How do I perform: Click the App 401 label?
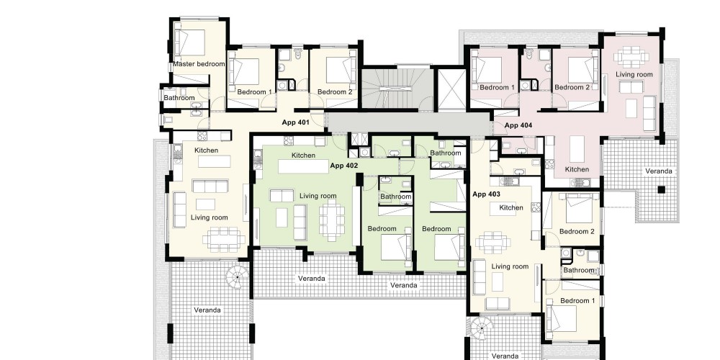pos(295,122)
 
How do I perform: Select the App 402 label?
pos(343,165)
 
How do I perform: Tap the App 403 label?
pos(486,194)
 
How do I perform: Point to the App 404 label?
pos(518,125)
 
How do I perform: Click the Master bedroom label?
pos(199,64)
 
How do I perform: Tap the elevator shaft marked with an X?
pos(450,89)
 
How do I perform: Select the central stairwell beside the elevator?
pos(397,89)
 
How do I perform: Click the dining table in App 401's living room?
pos(224,239)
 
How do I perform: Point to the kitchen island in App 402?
pos(304,166)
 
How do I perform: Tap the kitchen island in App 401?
pos(214,161)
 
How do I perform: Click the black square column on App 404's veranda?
pos(661,189)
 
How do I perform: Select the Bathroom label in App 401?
pos(179,98)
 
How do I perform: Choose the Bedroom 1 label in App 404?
pos(497,87)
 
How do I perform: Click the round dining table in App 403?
pos(492,242)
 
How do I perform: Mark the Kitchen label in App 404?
pos(577,169)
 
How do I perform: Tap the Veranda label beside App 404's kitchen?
pos(659,171)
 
